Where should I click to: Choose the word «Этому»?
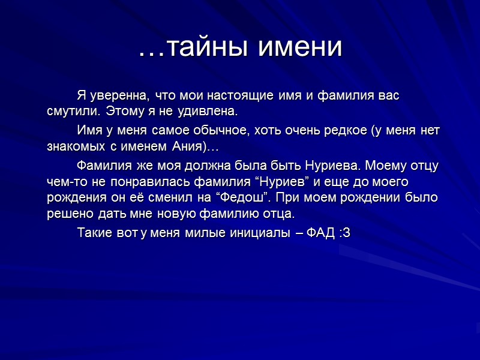coord(128,112)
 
